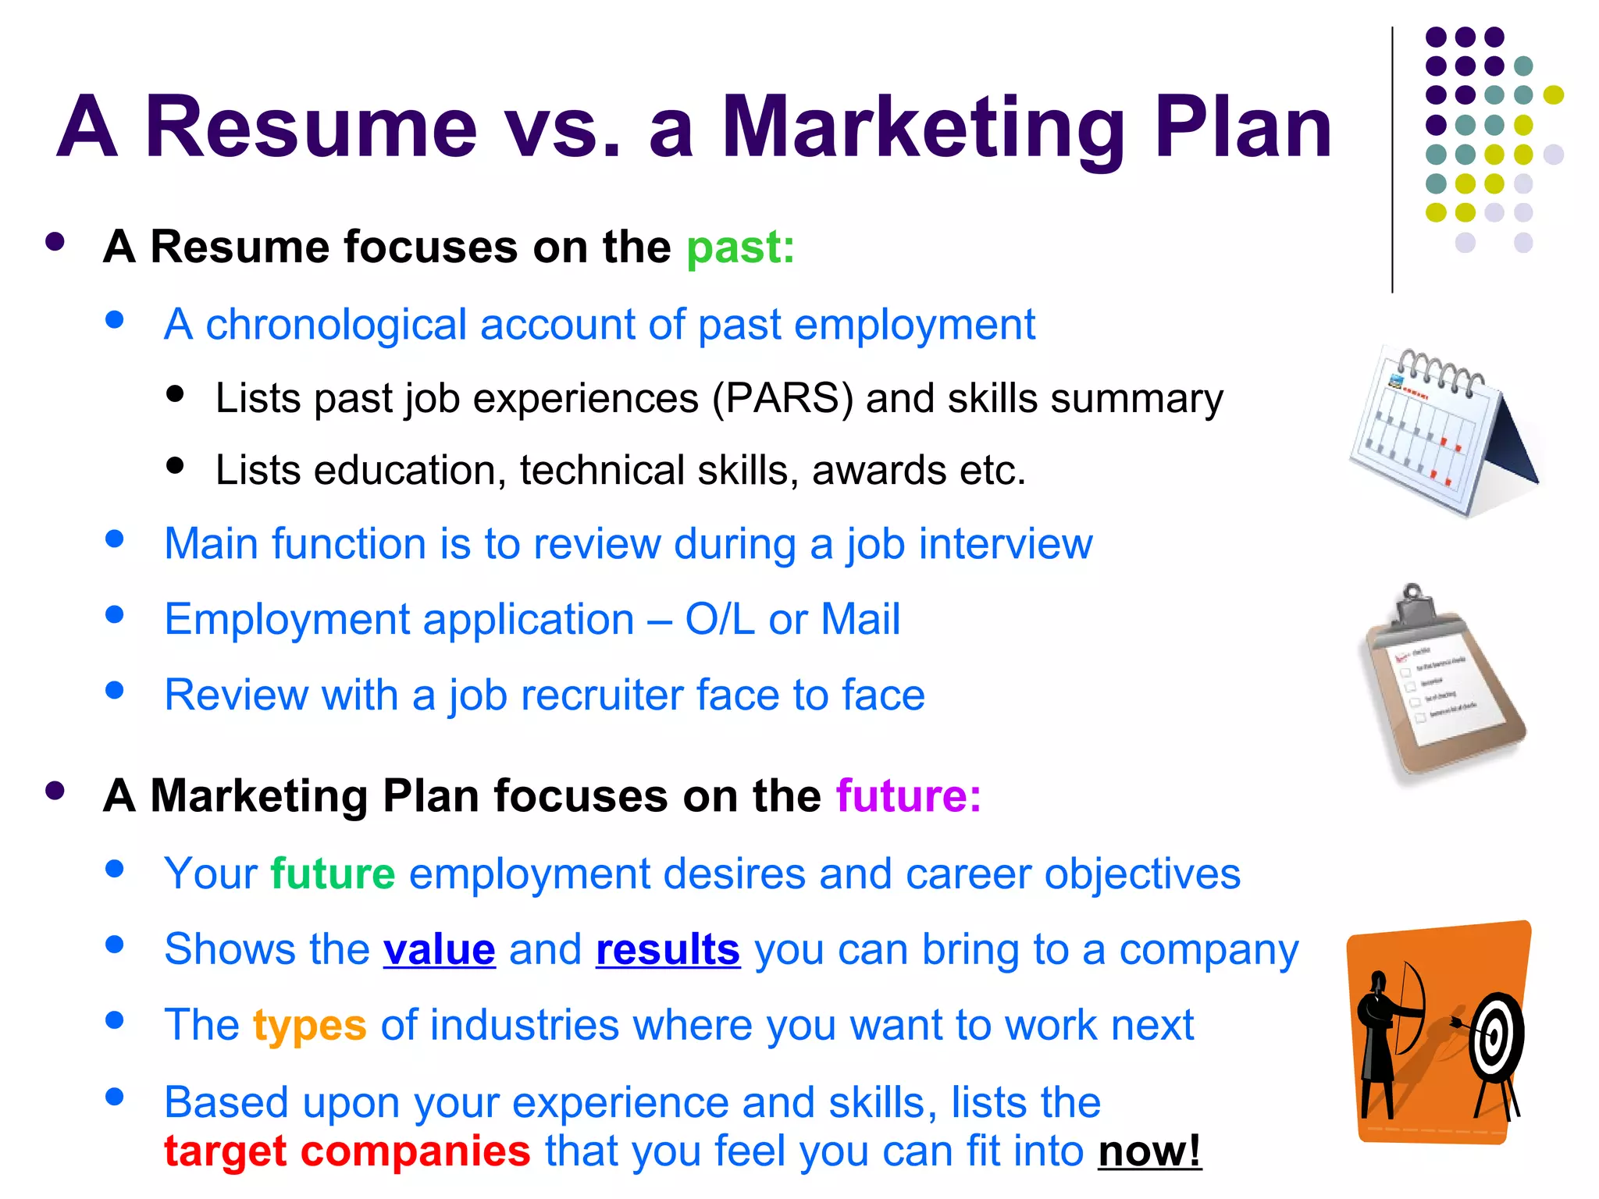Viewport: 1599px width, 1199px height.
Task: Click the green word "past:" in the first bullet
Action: coord(740,247)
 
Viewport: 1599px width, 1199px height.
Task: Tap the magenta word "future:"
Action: coord(908,796)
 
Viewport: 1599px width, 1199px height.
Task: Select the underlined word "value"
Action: coord(439,949)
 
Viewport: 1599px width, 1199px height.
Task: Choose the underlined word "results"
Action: coord(668,949)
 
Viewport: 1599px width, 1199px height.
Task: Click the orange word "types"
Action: coord(309,1025)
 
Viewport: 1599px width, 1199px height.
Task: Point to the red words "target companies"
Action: coord(347,1151)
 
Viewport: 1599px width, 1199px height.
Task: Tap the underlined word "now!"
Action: coord(1149,1151)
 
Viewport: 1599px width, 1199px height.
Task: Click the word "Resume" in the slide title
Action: coord(311,127)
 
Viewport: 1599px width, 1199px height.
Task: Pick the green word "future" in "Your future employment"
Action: coord(333,873)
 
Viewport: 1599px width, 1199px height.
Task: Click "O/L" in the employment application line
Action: coord(719,620)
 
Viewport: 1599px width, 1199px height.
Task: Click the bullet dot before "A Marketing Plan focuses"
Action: coord(55,791)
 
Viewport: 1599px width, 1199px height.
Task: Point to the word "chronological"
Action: coord(336,325)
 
